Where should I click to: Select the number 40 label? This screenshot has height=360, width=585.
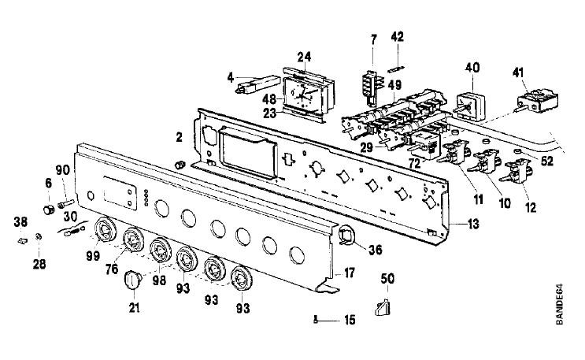[x=472, y=68]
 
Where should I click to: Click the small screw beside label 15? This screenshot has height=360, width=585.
[x=316, y=320]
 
